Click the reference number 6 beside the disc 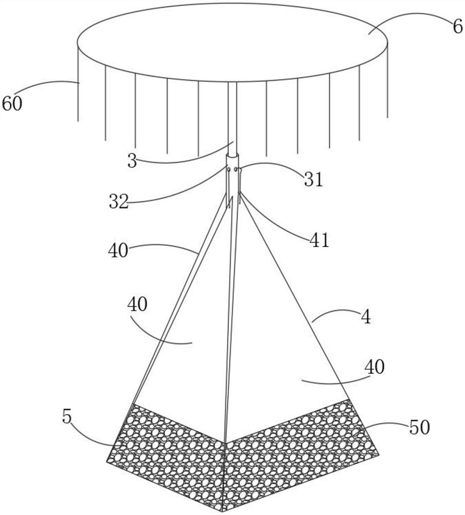click(x=458, y=26)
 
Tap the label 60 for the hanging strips click(x=12, y=105)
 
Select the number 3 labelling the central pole click(x=132, y=161)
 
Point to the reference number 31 click(x=313, y=180)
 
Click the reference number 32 click(x=118, y=202)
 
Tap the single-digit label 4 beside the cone click(x=365, y=317)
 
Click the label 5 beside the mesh click(x=67, y=417)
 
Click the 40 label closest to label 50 click(x=374, y=368)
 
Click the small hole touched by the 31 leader click(x=237, y=169)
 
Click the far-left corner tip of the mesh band click(x=106, y=460)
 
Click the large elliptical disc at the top click(x=231, y=41)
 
